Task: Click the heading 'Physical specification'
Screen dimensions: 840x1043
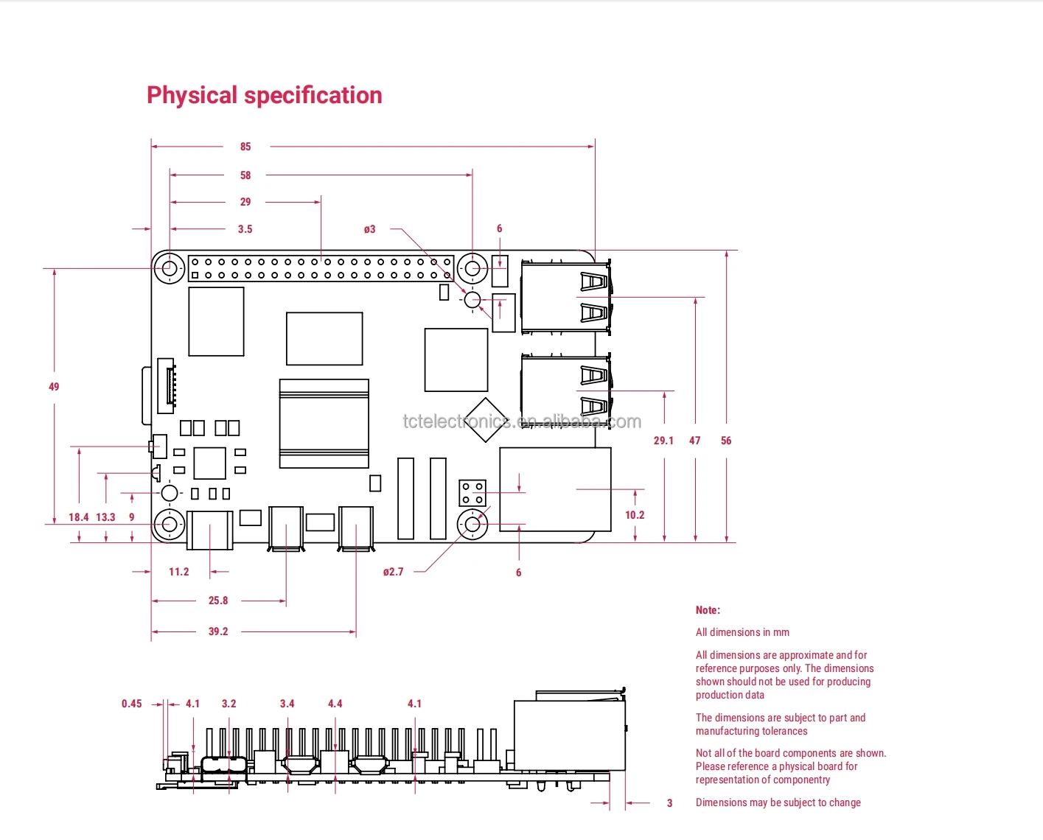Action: [x=264, y=95]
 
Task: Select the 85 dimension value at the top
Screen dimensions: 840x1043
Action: [x=245, y=147]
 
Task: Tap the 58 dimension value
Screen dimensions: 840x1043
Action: [x=245, y=175]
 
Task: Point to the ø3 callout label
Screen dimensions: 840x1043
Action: [x=369, y=229]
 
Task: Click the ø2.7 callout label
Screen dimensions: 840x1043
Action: [x=393, y=572]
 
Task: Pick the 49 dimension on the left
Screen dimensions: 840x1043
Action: [x=54, y=387]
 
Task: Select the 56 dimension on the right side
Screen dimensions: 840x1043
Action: [x=726, y=441]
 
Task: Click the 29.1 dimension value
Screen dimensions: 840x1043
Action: [x=663, y=441]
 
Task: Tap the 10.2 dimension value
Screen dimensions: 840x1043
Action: [x=635, y=515]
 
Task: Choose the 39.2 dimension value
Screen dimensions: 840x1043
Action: [x=218, y=631]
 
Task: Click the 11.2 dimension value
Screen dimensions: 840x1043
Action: [x=178, y=572]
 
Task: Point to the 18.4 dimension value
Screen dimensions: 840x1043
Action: [x=78, y=517]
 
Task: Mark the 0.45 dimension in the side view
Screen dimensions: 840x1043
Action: [x=132, y=704]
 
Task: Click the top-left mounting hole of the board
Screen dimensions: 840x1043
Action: [x=170, y=268]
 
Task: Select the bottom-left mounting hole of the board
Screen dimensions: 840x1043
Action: [x=170, y=525]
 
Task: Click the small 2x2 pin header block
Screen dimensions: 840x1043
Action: [x=472, y=493]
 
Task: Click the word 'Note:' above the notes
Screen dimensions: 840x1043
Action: [x=708, y=610]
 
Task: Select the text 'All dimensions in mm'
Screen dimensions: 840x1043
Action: [x=742, y=632]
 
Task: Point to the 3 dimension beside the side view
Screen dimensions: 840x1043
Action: [x=669, y=803]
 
